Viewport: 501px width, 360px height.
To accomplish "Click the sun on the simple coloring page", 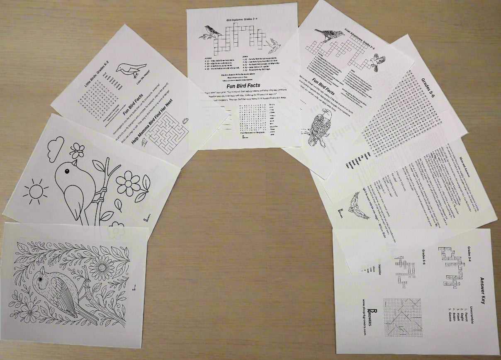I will pyautogui.click(x=36, y=192).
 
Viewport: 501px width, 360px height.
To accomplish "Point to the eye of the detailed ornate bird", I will pyautogui.click(x=41, y=280).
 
